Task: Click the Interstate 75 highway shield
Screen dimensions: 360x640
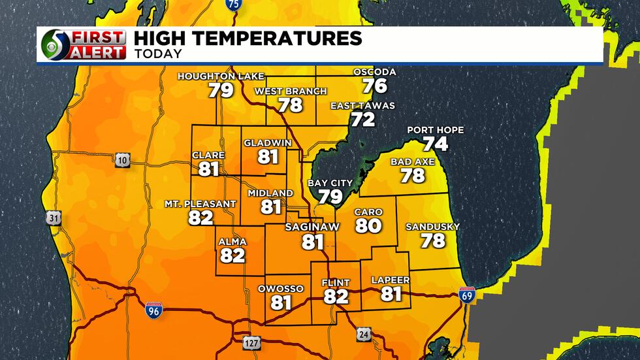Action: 233,5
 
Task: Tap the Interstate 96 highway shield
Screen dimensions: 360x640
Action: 153,310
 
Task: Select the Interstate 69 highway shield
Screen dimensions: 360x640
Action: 467,294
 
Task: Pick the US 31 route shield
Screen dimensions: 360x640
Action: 53,218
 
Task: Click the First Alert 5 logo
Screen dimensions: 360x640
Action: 83,45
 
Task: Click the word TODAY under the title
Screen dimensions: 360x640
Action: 158,54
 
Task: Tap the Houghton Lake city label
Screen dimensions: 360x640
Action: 221,76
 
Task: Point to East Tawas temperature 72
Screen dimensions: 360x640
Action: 362,119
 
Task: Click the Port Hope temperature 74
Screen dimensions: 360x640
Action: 435,144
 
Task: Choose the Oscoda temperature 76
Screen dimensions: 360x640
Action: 375,85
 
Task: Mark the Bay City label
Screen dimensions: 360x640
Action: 330,183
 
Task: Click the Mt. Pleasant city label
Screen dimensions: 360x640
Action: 200,204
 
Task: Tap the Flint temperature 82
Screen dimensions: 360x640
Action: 336,297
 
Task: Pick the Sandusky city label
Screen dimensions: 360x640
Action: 432,227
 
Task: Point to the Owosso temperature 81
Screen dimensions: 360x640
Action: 281,303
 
